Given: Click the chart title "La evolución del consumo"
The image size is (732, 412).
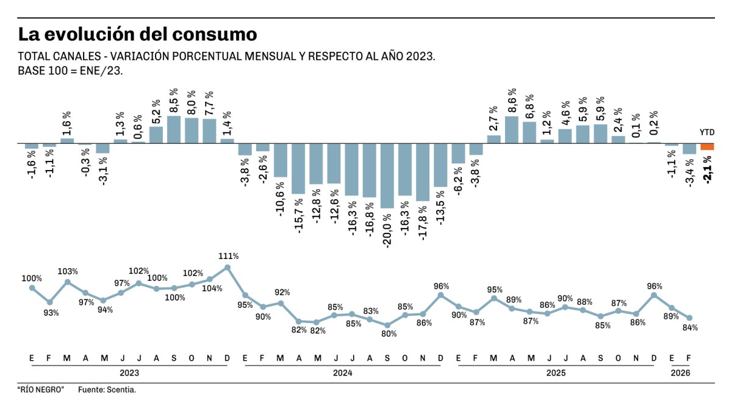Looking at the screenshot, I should click(x=137, y=33).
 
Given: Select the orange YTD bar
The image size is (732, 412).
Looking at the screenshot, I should click(x=707, y=147).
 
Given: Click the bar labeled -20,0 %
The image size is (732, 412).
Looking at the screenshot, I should click(x=387, y=176).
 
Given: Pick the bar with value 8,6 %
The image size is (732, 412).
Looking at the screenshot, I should click(x=512, y=130).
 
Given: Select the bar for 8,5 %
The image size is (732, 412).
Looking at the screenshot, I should click(x=174, y=130).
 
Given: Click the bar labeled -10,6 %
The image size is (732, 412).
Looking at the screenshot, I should click(x=281, y=160).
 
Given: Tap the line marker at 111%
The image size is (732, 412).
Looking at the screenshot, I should click(x=228, y=267).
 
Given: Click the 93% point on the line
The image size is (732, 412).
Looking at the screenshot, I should click(x=50, y=302).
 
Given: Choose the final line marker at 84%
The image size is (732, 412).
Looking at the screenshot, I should click(x=689, y=318).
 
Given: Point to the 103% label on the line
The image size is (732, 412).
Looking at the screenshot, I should click(x=68, y=271).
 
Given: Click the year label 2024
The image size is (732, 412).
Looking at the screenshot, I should click(x=343, y=372).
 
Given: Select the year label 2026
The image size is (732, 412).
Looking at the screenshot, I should click(x=681, y=372).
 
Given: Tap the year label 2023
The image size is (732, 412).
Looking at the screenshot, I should click(x=129, y=372).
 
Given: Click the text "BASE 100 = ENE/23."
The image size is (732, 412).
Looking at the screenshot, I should click(x=71, y=71).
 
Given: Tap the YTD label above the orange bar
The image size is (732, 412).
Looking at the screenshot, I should click(x=707, y=132).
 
